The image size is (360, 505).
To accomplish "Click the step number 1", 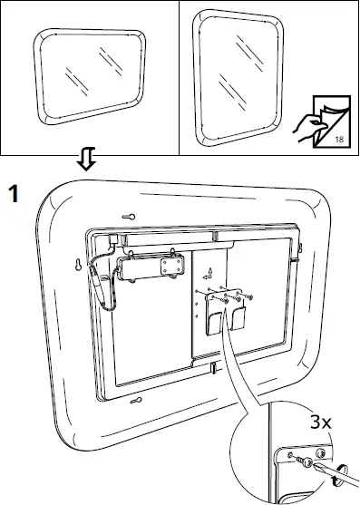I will point(15,194).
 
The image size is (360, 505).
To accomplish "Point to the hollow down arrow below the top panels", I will point(89,162).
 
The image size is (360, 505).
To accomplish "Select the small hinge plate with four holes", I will point(170,266).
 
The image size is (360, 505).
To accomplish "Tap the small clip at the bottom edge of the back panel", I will point(212,368).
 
